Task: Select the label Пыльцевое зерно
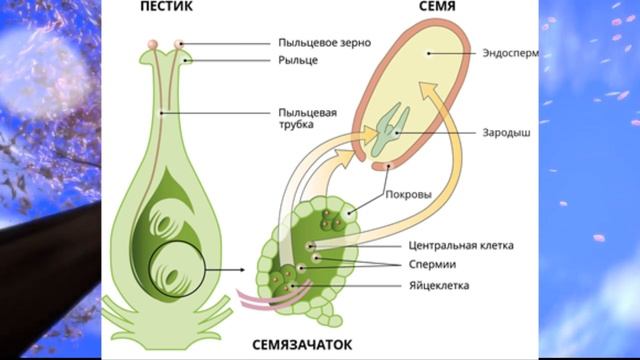pyautogui.click(x=326, y=43)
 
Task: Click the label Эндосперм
pyautogui.click(x=510, y=54)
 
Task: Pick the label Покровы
pyautogui.click(x=408, y=196)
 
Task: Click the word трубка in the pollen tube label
pyautogui.click(x=297, y=125)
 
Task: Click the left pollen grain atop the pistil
pyautogui.click(x=151, y=44)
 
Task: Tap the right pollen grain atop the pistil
pyautogui.click(x=180, y=43)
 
